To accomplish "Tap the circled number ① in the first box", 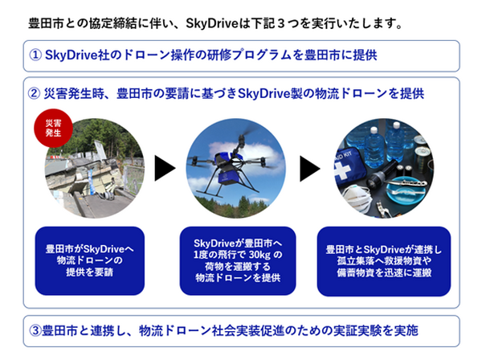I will point(35,56).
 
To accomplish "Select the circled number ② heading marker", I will point(35,94).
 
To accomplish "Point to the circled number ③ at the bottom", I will point(35,330).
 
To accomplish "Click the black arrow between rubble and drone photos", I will point(165,168).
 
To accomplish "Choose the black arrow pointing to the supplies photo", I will point(312,168).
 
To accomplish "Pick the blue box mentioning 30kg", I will point(239,260).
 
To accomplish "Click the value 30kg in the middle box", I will point(264,255).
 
